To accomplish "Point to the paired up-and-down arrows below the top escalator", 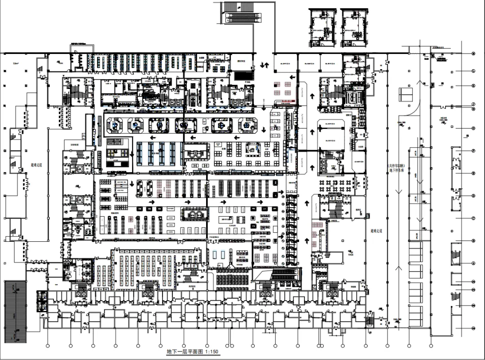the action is tap(265, 66).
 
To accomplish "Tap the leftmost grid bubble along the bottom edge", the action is tap(48, 346).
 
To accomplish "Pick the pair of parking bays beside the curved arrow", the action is tap(406, 93).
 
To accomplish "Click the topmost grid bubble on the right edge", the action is tap(473, 53).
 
